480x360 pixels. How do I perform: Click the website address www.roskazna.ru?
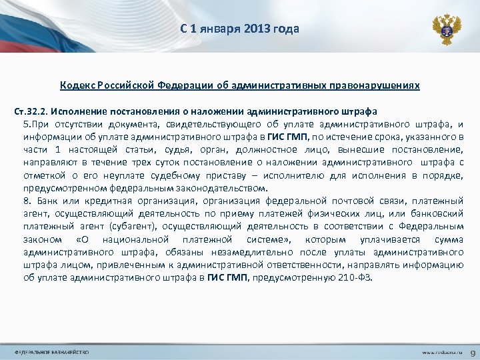[x=440, y=351]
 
